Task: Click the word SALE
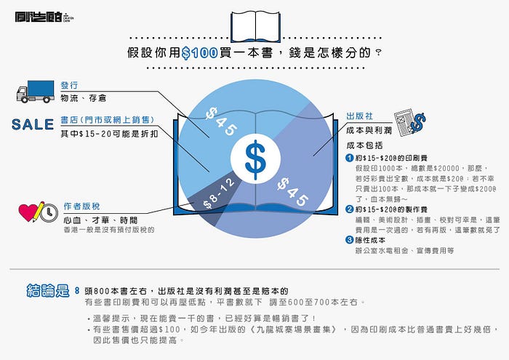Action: [33, 124]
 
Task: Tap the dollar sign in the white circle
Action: [254, 159]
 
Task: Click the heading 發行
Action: [70, 84]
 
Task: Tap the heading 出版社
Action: [360, 116]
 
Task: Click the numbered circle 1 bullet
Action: [349, 157]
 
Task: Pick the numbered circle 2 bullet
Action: [349, 209]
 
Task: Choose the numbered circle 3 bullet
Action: [349, 240]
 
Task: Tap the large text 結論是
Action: [47, 291]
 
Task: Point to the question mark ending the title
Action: [378, 52]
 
